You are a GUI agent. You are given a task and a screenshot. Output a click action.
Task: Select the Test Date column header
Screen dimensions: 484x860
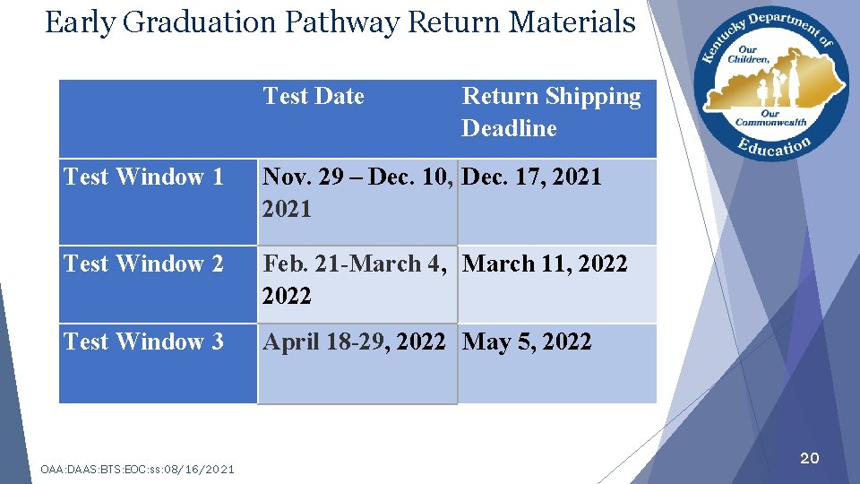pyautogui.click(x=314, y=97)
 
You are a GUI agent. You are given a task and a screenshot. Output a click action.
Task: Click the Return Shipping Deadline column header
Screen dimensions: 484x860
pyautogui.click(x=551, y=112)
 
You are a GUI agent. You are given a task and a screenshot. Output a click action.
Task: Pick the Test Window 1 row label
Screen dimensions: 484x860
pyautogui.click(x=143, y=177)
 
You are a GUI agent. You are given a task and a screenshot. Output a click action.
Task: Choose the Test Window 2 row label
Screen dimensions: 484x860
pyautogui.click(x=143, y=264)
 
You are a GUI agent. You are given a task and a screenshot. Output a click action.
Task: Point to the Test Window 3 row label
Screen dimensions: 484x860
pyautogui.click(x=143, y=342)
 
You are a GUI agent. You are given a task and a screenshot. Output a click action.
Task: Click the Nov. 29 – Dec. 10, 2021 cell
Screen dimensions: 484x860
pyautogui.click(x=357, y=193)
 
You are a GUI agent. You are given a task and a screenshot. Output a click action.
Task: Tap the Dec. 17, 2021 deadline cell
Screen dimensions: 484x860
pyautogui.click(x=532, y=177)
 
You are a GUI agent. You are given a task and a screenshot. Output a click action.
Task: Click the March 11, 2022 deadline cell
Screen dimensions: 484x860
pyautogui.click(x=545, y=264)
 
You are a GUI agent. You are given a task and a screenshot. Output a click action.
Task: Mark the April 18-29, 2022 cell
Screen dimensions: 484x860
pyautogui.click(x=354, y=342)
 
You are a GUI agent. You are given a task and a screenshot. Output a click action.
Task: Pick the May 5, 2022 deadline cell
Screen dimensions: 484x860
pyautogui.click(x=527, y=342)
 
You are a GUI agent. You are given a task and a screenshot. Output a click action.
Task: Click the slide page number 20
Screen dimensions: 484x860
pyautogui.click(x=809, y=459)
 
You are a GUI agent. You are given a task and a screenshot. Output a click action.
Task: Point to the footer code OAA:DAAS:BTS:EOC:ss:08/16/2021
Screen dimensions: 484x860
pyautogui.click(x=138, y=469)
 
